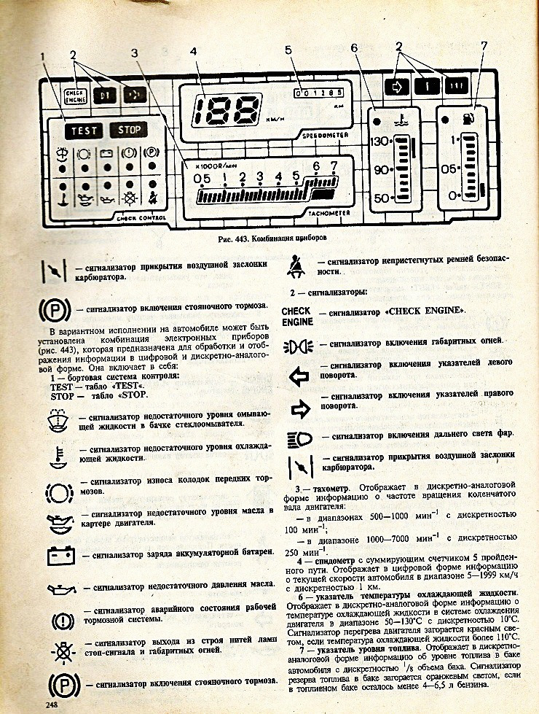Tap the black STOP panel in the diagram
pyautogui.click(x=129, y=131)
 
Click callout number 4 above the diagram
pyautogui.click(x=192, y=52)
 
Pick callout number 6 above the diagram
pyautogui.click(x=354, y=50)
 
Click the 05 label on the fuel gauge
pyautogui.click(x=449, y=168)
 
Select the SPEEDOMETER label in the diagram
pyautogui.click(x=323, y=135)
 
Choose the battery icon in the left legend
pyautogui.click(x=60, y=556)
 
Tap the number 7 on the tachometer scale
pyautogui.click(x=334, y=166)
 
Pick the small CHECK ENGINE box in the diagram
pyautogui.click(x=75, y=95)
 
